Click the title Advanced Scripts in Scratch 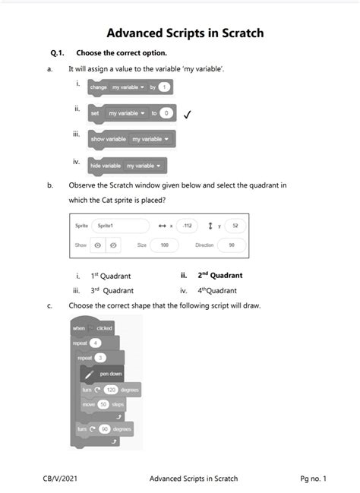tap(185, 33)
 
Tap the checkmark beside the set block tap(187, 114)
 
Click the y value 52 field tap(235, 226)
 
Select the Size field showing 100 tap(163, 245)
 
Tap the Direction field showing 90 tap(231, 245)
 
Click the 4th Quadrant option tap(217, 290)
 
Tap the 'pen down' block tap(106, 374)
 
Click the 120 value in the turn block tap(111, 389)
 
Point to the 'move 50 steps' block tap(104, 404)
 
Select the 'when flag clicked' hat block tap(92, 327)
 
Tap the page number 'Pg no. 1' tap(313, 479)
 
